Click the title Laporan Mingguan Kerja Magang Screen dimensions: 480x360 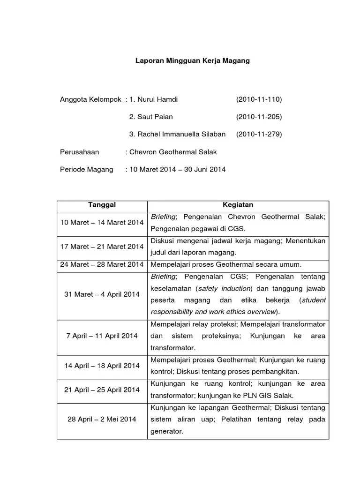[193, 61]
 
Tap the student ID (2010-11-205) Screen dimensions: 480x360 [259, 117]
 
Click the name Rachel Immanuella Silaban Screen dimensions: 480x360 [181, 134]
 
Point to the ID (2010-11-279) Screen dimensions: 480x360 [259, 134]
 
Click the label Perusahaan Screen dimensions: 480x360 [80, 152]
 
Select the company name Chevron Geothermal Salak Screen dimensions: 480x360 [173, 152]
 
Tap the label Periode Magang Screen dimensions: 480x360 [87, 169]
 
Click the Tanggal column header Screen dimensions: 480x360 [102, 205]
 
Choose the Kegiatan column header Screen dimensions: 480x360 [238, 205]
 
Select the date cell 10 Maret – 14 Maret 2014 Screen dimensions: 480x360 [102, 223]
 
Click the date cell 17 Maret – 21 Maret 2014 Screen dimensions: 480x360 [102, 247]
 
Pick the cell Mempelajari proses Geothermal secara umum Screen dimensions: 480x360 [226, 264]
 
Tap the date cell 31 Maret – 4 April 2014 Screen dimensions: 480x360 [102, 294]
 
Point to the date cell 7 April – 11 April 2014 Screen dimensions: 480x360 [102, 336]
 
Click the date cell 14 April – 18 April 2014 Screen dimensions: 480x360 [102, 366]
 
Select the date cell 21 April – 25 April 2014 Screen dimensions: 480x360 [102, 390]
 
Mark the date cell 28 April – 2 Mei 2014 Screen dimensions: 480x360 [102, 419]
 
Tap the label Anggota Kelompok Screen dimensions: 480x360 [91, 99]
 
